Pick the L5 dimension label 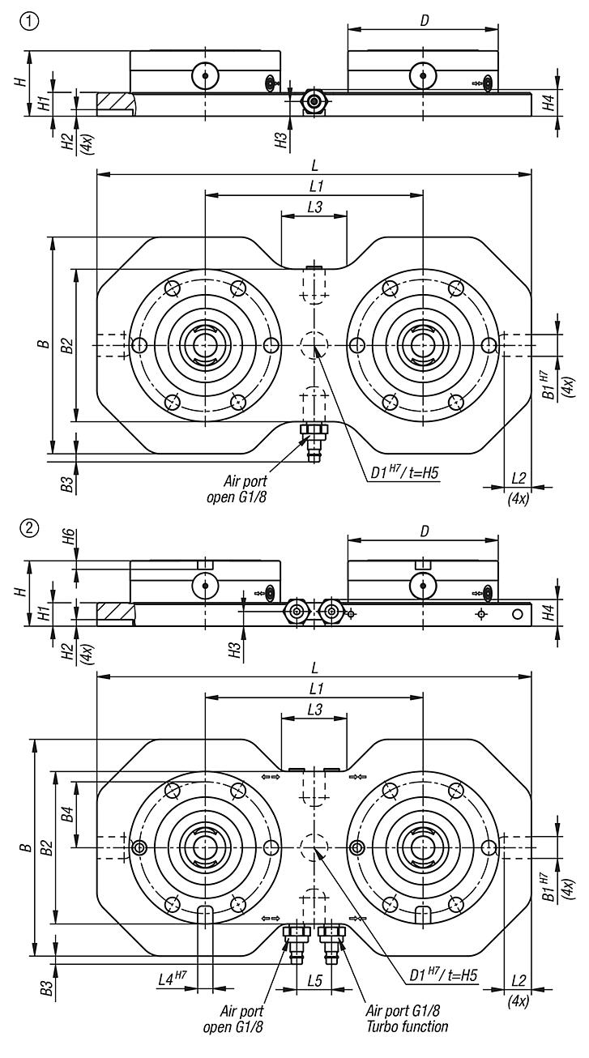[315, 981]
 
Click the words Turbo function [407, 1026]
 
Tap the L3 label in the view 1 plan [314, 207]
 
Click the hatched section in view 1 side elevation [114, 103]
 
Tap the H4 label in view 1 [548, 102]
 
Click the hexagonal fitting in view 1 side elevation [313, 100]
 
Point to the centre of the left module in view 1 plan [205, 345]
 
